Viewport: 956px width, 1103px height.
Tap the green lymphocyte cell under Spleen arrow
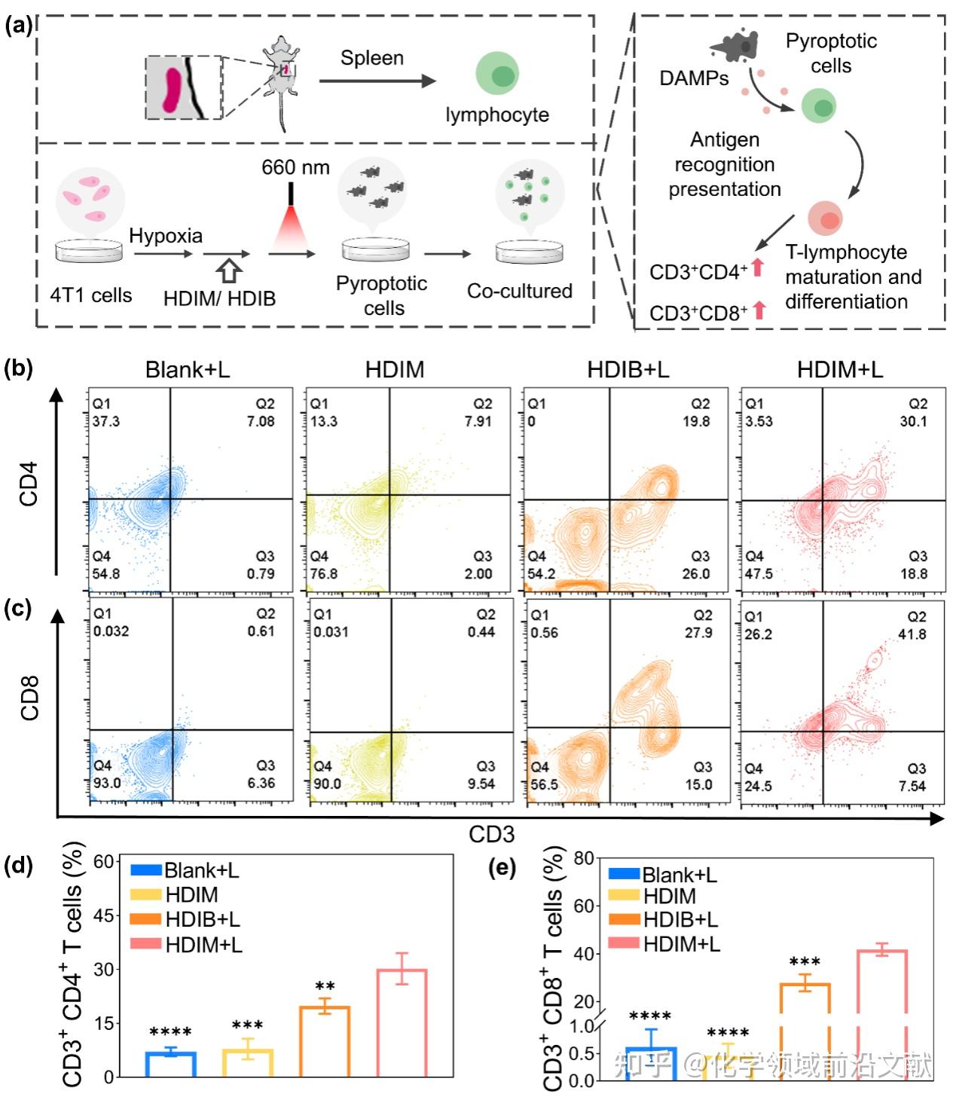pos(497,75)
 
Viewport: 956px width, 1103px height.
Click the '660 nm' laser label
pos(295,167)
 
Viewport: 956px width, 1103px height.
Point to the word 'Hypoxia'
pos(166,236)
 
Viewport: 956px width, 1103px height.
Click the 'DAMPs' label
pos(694,78)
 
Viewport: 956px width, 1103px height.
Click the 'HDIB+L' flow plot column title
pos(628,370)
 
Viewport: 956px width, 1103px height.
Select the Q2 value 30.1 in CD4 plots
pos(913,422)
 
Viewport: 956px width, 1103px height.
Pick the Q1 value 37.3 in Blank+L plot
pos(106,422)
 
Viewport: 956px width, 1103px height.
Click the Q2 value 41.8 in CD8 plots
pos(912,634)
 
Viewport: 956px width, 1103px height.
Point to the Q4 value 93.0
pos(107,783)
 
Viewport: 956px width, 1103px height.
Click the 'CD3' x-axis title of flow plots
pos(491,834)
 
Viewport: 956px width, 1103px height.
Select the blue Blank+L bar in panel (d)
pos(171,1064)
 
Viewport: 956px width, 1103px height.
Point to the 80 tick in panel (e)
pos(584,858)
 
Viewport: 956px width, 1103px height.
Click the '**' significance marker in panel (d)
pos(325,986)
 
